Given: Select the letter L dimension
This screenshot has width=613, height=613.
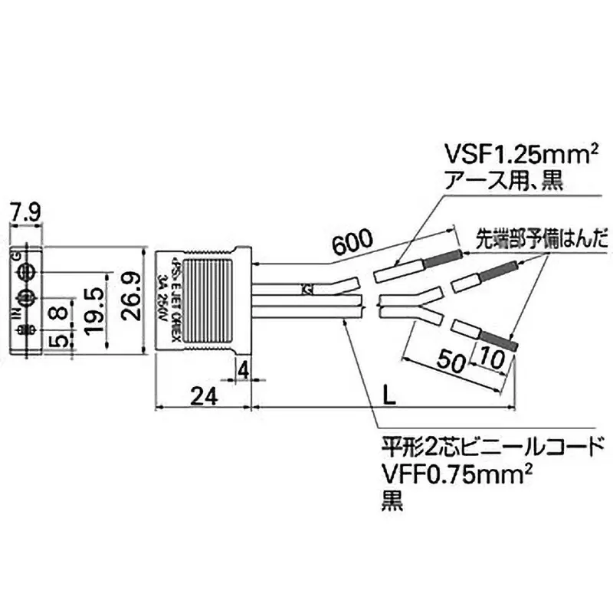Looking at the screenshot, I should pos(390,396).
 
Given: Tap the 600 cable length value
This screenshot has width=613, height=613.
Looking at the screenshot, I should pos(352,243).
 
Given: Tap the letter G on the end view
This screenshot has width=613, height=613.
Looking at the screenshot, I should pos(16,257).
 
